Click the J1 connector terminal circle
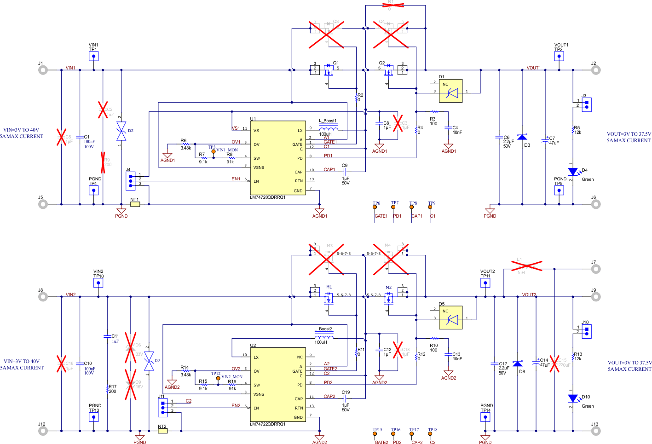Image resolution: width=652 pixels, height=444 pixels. pos(43,70)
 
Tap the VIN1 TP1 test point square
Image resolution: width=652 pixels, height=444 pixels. pos(94,56)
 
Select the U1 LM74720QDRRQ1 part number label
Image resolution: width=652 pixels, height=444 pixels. pos(268,197)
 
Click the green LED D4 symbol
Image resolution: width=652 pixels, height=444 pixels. pos(573,172)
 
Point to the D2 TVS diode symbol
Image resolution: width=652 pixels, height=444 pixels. pos(121,131)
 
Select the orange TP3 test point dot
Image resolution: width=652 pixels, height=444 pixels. pos(213,151)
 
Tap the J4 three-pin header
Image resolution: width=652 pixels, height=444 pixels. pos(131,181)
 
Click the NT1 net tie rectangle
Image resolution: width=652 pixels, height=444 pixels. pos(135,204)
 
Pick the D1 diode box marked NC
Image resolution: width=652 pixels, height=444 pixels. pos(450,91)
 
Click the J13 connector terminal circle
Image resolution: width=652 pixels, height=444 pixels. pos(595,431)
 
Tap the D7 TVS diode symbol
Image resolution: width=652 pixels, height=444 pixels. pos(149,361)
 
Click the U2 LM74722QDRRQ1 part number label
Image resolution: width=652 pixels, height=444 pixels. pos(268,424)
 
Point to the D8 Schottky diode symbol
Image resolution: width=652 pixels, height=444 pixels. pos(518,363)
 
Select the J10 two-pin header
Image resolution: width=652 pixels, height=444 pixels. pos(586,331)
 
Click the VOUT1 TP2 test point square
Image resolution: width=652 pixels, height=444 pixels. pos(559,56)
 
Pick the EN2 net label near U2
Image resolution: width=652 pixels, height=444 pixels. pos(236,405)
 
